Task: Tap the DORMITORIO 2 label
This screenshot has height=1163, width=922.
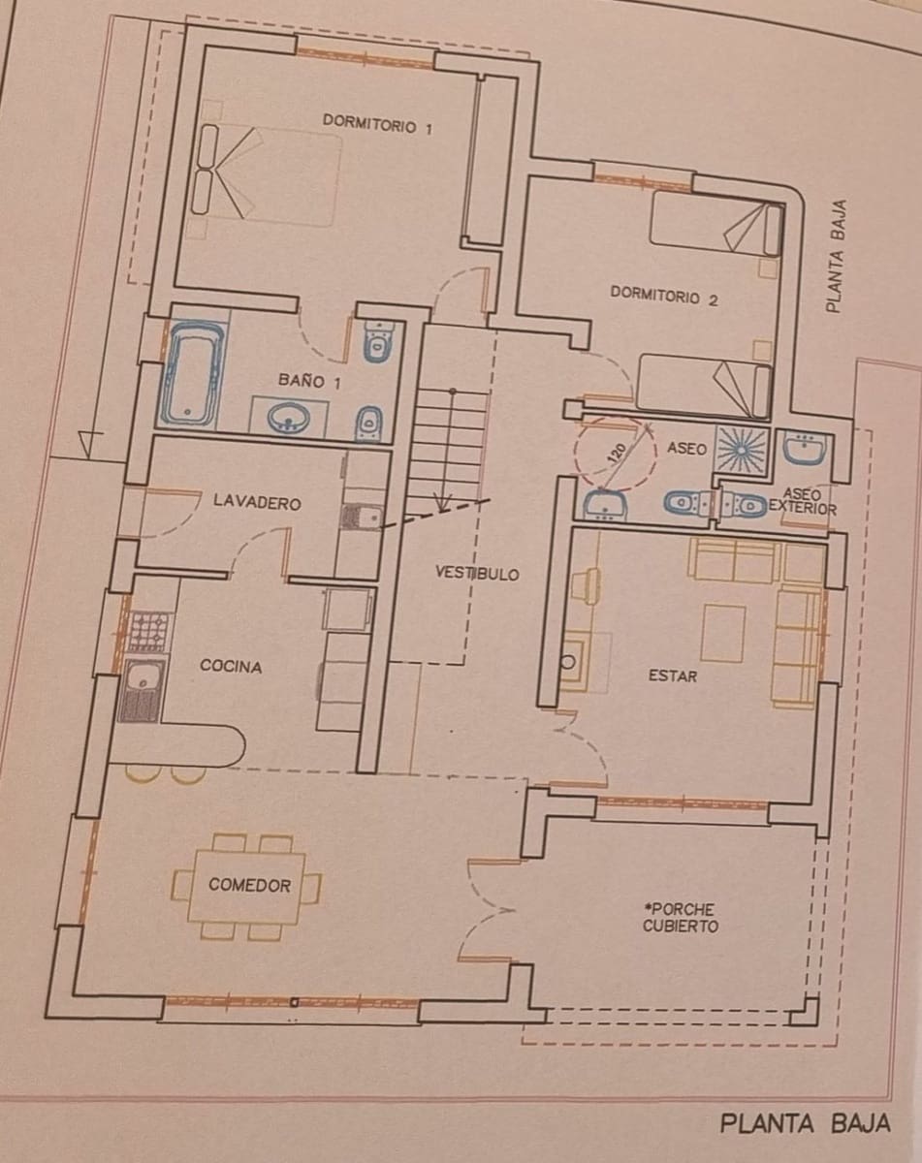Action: click(664, 297)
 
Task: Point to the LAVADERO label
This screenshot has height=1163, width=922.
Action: click(257, 503)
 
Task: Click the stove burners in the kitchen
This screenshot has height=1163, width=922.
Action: click(148, 631)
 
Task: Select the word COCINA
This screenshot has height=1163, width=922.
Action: click(231, 666)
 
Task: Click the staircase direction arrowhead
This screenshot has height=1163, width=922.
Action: click(443, 504)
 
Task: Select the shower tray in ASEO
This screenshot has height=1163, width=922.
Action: click(742, 448)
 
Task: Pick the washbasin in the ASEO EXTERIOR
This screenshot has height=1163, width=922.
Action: click(804, 448)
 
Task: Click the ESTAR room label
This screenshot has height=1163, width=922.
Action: click(672, 676)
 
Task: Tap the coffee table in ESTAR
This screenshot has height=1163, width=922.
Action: click(723, 632)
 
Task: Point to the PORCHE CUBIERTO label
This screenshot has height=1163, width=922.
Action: click(681, 918)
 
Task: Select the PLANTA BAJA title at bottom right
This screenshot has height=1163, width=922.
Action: click(805, 1124)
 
